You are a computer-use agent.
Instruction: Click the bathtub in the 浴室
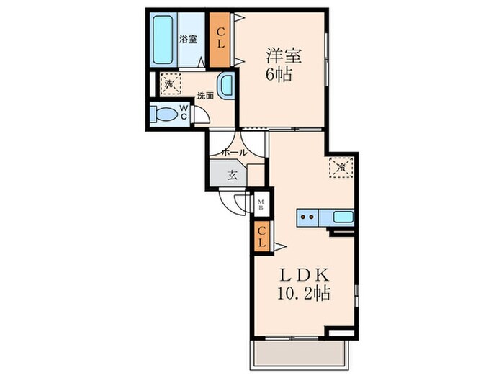point(163,40)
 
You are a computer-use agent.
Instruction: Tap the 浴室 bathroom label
point(188,40)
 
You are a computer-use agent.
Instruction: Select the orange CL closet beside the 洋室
point(220,40)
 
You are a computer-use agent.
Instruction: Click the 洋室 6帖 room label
point(283,65)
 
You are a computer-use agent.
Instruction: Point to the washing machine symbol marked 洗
point(171,84)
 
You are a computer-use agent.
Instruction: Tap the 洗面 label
point(205,96)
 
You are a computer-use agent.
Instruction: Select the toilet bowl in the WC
point(164,114)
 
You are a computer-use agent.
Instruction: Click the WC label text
point(184,112)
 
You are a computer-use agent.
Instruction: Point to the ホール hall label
point(234,153)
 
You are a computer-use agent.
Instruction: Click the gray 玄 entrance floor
point(228,174)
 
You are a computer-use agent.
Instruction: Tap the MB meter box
point(261,204)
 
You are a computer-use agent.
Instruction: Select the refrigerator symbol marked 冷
point(341,167)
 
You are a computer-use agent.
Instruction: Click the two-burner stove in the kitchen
point(307,217)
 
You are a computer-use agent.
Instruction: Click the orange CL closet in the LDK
point(262,237)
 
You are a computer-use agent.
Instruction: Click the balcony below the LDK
point(300,354)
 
